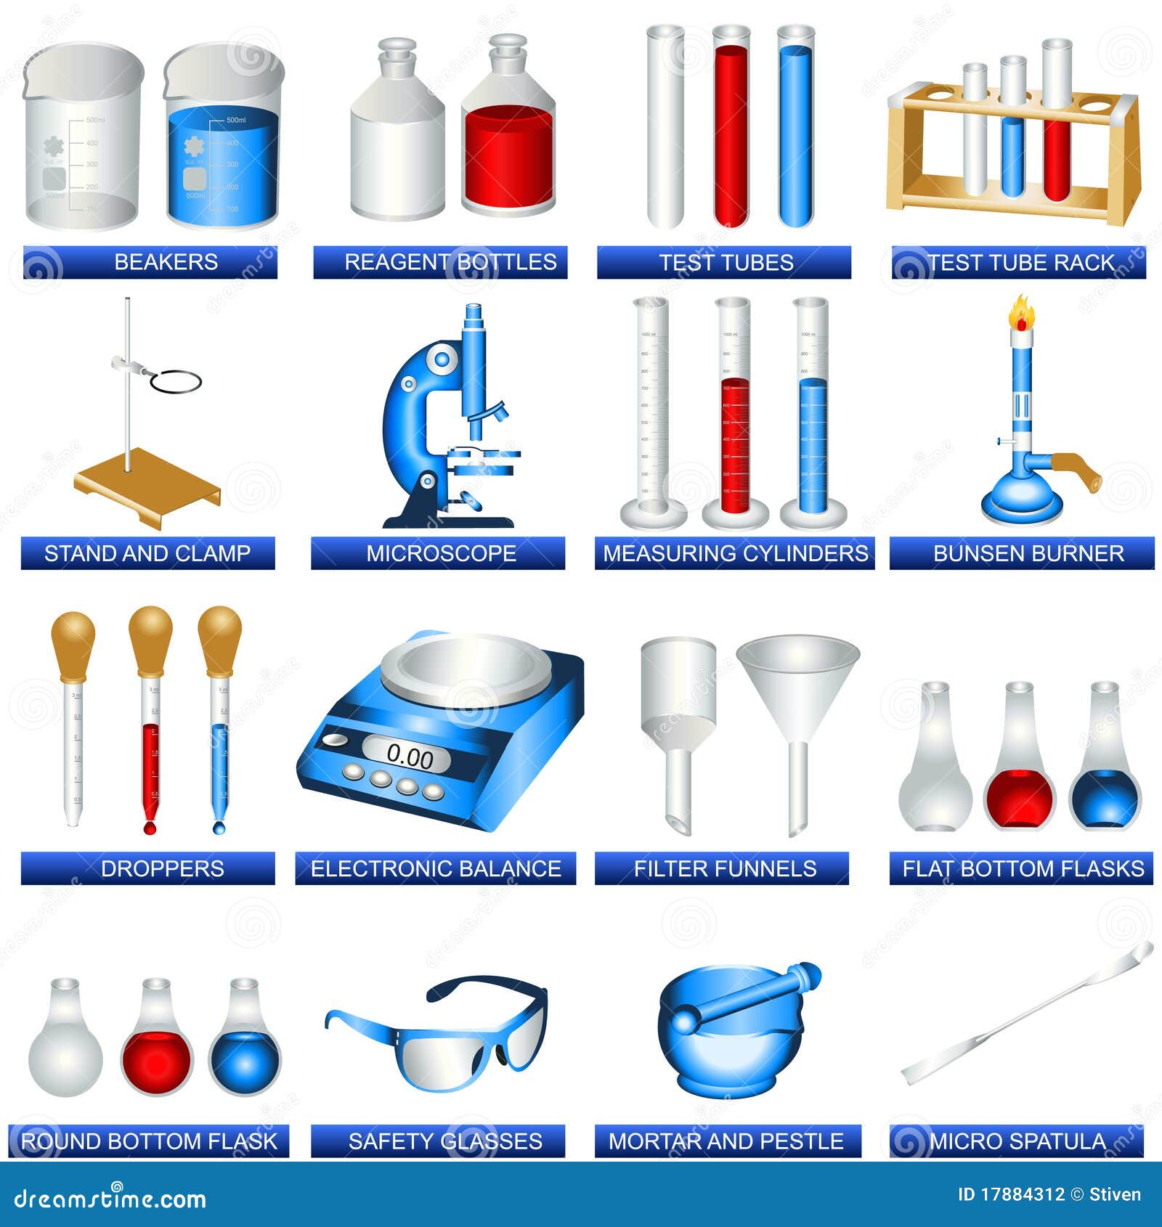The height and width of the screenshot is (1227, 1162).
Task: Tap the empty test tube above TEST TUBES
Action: [x=665, y=127]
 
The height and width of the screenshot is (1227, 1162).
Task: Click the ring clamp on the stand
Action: [x=175, y=381]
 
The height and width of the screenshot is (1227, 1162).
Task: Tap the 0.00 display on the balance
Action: [x=409, y=757]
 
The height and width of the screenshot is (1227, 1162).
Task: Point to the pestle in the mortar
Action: [x=748, y=998]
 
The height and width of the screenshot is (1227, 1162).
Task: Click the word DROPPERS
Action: [x=162, y=868]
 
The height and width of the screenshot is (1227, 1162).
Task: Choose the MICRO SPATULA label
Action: [x=1017, y=1141]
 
